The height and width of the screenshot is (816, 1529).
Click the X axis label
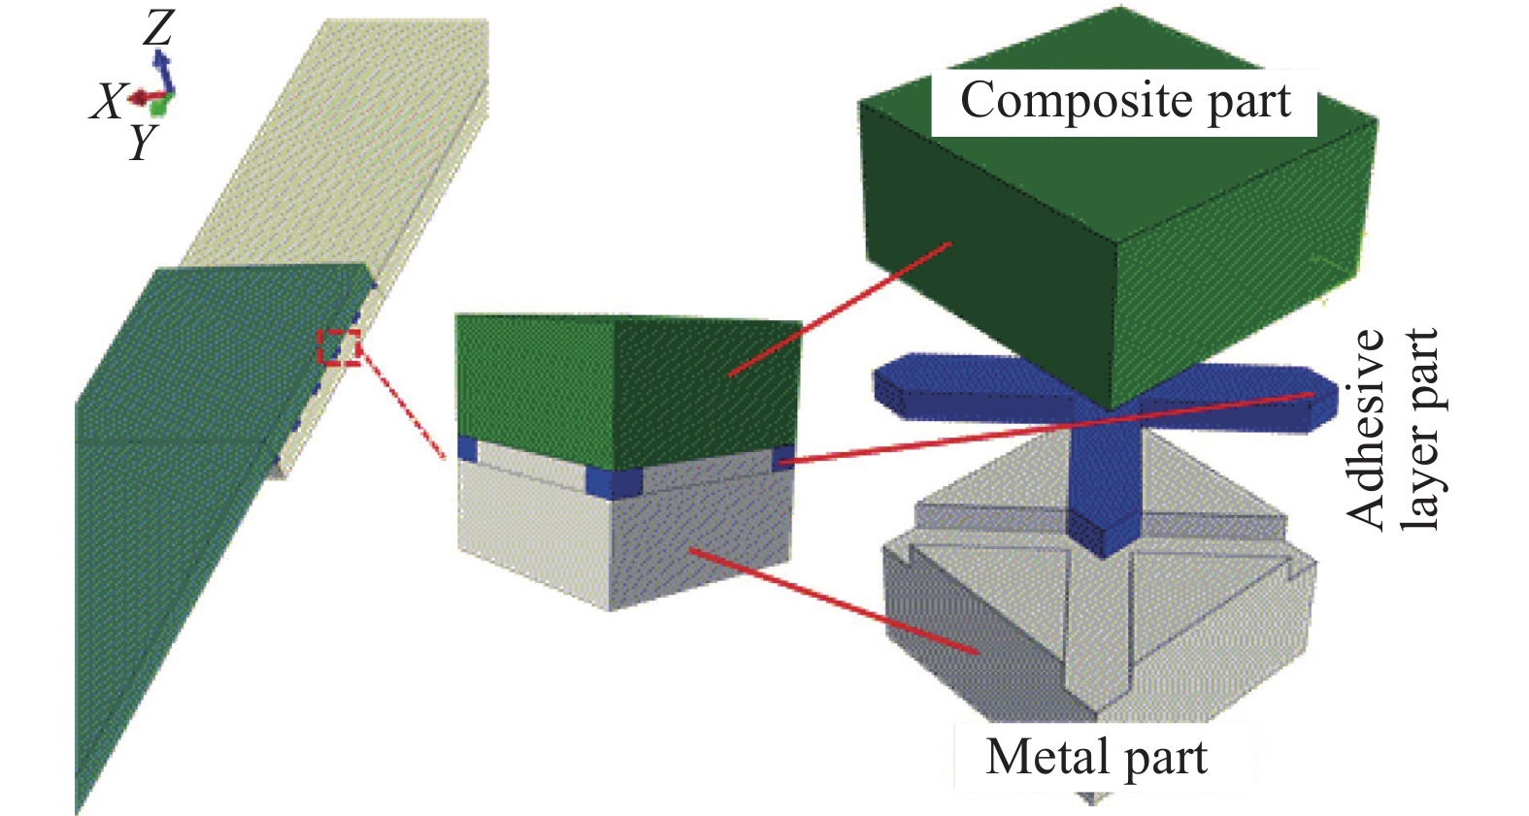(108, 101)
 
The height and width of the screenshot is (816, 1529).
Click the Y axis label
(144, 144)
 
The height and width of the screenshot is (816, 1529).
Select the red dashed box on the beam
(341, 347)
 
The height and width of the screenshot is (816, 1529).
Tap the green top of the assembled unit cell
(621, 388)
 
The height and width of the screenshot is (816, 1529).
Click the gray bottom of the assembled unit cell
(621, 543)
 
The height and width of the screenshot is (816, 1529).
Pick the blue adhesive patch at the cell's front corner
(614, 482)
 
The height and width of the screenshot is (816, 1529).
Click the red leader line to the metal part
(835, 602)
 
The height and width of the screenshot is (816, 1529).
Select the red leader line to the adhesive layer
(1048, 427)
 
